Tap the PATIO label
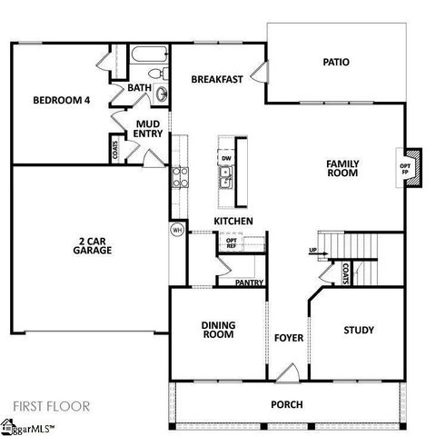point(336,63)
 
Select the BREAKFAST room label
point(216,80)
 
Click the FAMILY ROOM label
point(342,168)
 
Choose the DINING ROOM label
point(216,330)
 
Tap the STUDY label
point(359,330)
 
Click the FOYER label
point(288,339)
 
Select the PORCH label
point(287,404)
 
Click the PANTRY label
point(249,283)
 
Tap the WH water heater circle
point(177,231)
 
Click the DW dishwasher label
point(225,158)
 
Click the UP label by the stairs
point(312,250)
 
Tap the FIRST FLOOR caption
point(51,406)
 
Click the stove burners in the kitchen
point(178,176)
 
